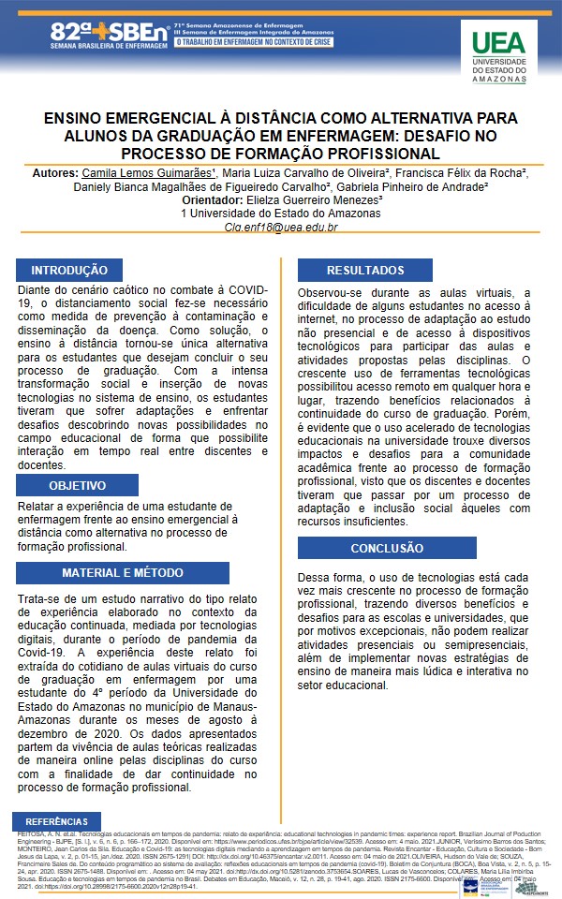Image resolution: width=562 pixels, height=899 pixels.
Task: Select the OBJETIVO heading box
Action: pyautogui.click(x=77, y=486)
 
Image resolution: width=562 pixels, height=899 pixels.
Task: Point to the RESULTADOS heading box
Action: pyautogui.click(x=364, y=270)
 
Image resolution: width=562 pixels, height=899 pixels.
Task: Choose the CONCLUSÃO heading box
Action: pyautogui.click(x=387, y=548)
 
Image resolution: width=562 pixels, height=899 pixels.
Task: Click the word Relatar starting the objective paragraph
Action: pyautogui.click(x=40, y=507)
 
